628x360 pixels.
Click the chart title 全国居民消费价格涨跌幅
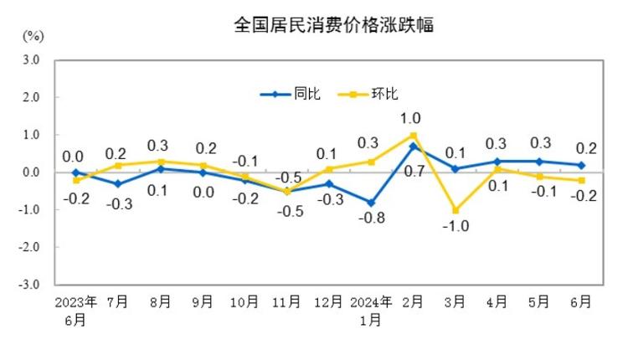click(333, 25)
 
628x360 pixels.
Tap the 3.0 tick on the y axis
click(32, 60)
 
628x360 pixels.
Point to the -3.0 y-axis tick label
click(30, 285)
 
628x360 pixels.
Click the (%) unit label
click(33, 37)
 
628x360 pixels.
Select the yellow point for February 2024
click(413, 135)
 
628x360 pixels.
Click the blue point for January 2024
click(370, 203)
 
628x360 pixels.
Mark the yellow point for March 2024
click(455, 210)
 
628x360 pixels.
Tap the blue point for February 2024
click(413, 147)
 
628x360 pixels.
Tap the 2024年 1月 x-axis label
click(370, 310)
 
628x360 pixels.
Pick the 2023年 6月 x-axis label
click(75, 310)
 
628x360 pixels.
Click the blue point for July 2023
click(118, 183)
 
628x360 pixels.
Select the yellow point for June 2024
click(581, 180)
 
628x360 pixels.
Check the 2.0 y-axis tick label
click(32, 97)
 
